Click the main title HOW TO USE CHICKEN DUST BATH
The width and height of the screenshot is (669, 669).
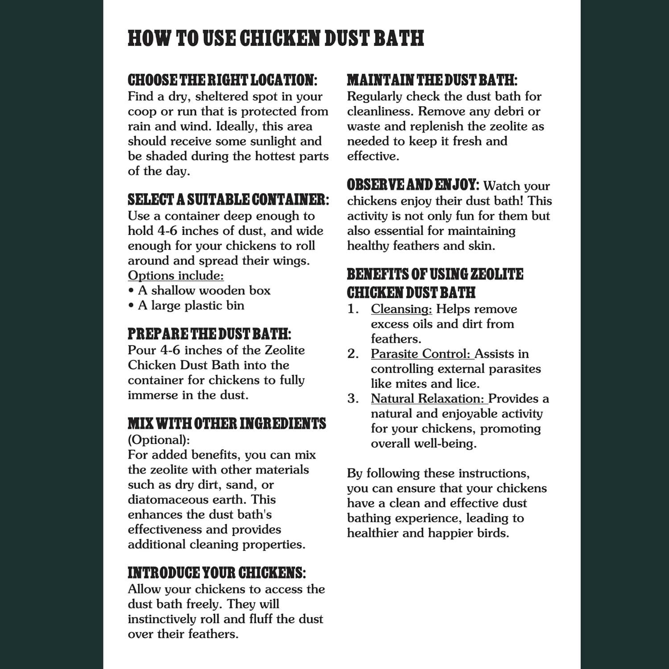pyautogui.click(x=276, y=38)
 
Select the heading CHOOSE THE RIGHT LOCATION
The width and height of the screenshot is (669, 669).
pyautogui.click(x=222, y=81)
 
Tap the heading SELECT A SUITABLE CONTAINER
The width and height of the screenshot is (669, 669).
pyautogui.click(x=228, y=200)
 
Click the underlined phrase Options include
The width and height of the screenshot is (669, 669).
pyautogui.click(x=176, y=276)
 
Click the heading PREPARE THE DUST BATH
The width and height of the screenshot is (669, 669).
pyautogui.click(x=209, y=334)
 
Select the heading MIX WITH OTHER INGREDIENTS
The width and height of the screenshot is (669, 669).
pyautogui.click(x=227, y=424)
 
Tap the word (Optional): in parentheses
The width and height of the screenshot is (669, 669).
pyautogui.click(x=159, y=440)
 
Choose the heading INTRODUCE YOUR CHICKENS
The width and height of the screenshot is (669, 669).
pyautogui.click(x=217, y=573)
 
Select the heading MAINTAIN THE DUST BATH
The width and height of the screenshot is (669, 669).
pyautogui.click(x=432, y=81)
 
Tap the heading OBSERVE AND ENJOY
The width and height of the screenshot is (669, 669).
pyautogui.click(x=413, y=185)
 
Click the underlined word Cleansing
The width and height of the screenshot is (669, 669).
pyautogui.click(x=401, y=309)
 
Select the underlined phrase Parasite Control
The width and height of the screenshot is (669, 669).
pyautogui.click(x=421, y=354)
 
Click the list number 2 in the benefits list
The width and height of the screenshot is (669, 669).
pyautogui.click(x=353, y=354)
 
